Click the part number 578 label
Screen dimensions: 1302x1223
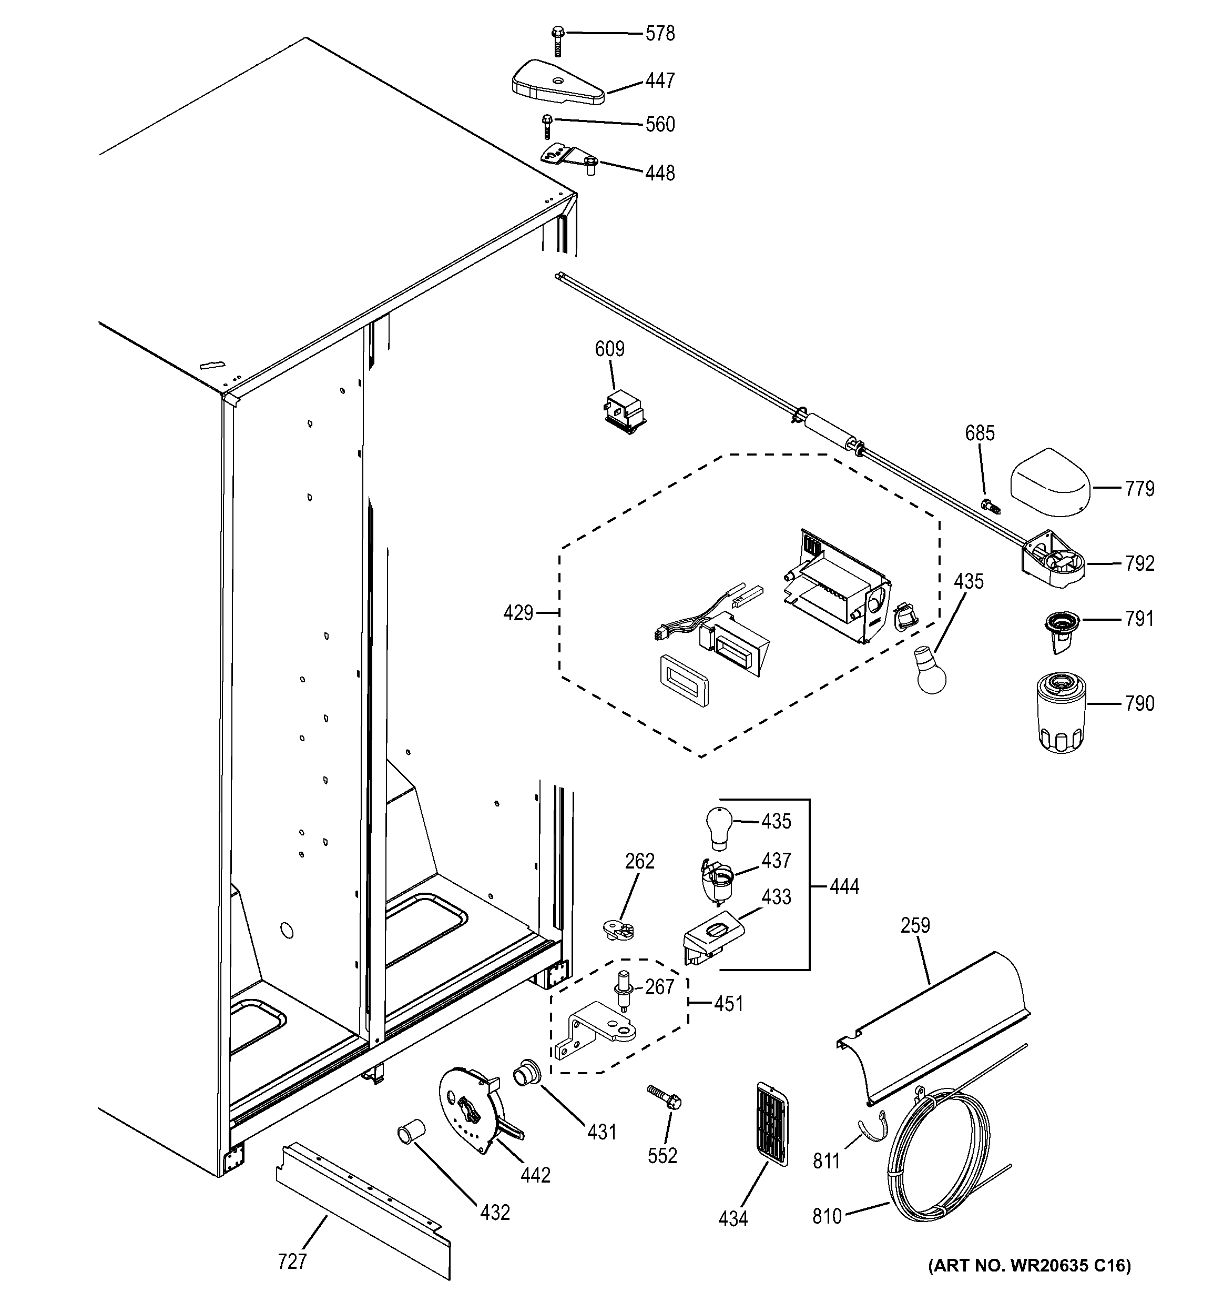coord(659,33)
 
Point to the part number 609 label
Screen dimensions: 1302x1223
coord(609,349)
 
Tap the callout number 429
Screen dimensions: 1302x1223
coord(518,614)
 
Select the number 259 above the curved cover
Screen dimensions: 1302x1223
coord(915,925)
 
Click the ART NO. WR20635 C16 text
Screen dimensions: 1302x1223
coord(1028,1283)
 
